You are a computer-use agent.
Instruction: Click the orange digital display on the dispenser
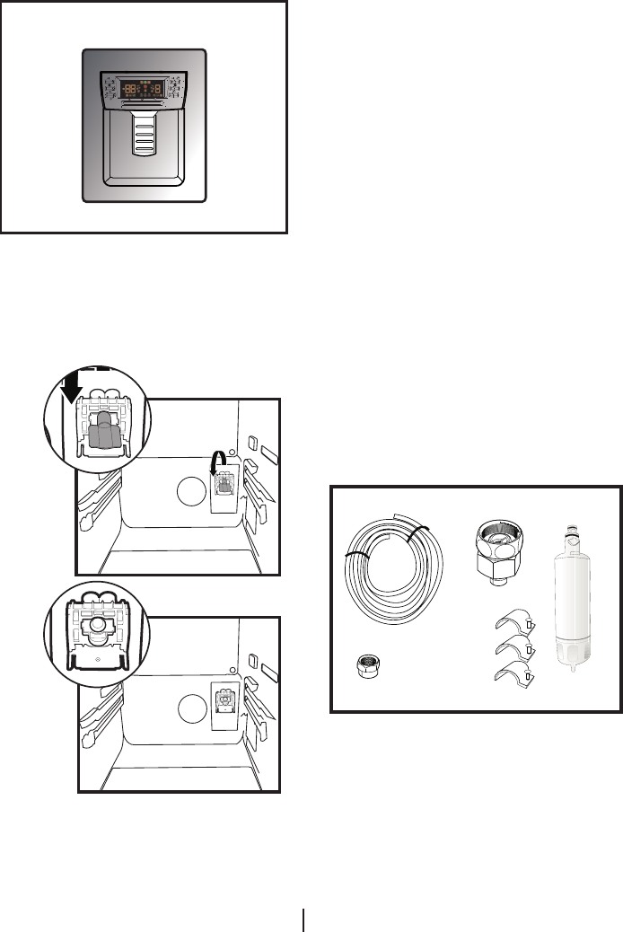click(144, 89)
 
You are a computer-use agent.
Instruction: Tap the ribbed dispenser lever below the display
click(144, 135)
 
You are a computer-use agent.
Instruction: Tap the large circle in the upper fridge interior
click(190, 492)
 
